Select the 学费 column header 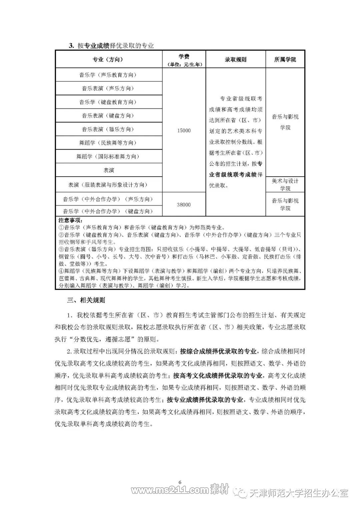click(184, 60)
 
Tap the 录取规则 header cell click(235, 60)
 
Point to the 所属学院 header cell click(285, 60)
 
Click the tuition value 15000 click(184, 130)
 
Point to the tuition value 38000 click(184, 205)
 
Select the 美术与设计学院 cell click(285, 185)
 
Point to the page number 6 click(180, 482)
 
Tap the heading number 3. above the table click(71, 46)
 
